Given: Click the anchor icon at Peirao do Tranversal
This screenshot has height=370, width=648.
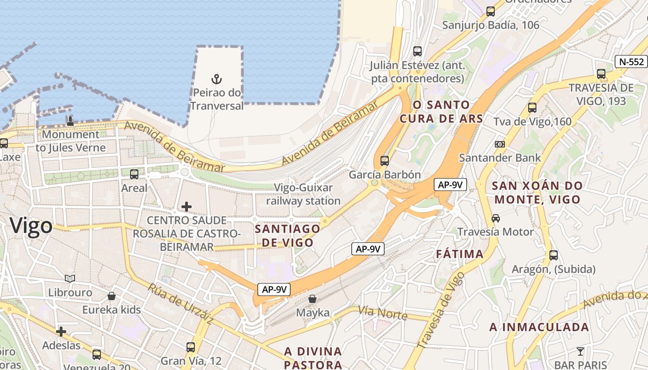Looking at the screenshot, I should [x=216, y=79].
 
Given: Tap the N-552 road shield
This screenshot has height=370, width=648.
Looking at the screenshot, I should [x=630, y=62].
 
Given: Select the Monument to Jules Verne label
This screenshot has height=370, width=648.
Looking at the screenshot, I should [x=71, y=141].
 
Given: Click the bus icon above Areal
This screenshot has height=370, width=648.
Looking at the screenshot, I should [x=134, y=174].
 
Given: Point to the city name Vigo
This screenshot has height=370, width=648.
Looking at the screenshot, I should [x=31, y=226].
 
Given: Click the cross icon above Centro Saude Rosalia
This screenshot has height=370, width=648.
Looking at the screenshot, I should [x=187, y=206].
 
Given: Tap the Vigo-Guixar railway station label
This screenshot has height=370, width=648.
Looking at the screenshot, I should [x=303, y=195].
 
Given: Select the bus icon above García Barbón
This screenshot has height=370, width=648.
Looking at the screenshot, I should [x=385, y=161].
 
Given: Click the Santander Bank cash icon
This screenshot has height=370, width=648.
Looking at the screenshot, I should [x=499, y=144].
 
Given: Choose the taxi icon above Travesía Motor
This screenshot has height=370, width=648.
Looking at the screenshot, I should [x=496, y=218].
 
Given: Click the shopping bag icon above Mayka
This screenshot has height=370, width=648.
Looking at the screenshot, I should [x=312, y=299].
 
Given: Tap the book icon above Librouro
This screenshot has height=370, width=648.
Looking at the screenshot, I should [x=70, y=278].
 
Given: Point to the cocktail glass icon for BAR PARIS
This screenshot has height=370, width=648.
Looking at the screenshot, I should [x=580, y=351].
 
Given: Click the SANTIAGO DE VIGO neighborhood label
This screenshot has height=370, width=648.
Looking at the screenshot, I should [x=287, y=235].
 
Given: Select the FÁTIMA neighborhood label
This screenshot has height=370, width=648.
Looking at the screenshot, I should [x=460, y=254].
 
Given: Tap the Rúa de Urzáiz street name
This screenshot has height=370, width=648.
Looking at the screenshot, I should [x=181, y=303].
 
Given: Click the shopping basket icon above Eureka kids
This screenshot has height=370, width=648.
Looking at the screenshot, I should [x=112, y=296].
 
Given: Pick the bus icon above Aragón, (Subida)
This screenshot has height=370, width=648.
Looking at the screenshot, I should [x=554, y=255].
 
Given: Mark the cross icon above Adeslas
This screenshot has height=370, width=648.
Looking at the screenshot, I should [x=61, y=332].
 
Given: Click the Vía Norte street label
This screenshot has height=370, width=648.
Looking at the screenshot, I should [x=382, y=313].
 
